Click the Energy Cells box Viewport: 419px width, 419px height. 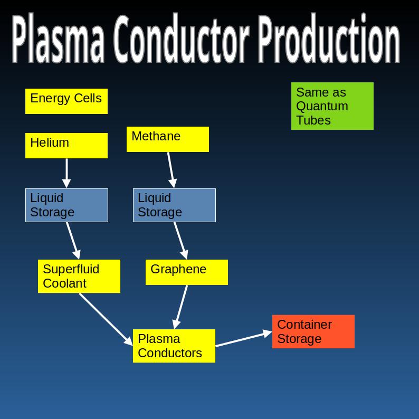[66, 101]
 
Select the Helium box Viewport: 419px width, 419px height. [66, 146]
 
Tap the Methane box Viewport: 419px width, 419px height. [168, 139]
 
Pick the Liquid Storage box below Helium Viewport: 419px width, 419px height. [66, 205]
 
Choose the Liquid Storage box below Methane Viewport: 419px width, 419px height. [174, 205]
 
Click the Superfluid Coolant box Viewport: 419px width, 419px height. [79, 276]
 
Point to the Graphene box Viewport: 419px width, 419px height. [187, 272]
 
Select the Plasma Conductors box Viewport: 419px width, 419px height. [174, 346]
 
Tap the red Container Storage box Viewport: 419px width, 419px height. [313, 331]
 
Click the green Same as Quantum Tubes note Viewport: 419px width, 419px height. [332, 106]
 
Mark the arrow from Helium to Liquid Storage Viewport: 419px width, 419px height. [66, 173]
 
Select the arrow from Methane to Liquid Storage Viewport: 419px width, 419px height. [170, 169]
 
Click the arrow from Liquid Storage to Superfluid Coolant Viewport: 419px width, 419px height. [73, 240]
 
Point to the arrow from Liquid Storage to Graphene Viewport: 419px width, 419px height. [180, 240]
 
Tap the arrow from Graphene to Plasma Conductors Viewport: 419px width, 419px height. [181, 307]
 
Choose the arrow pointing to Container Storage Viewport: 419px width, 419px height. [243, 339]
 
